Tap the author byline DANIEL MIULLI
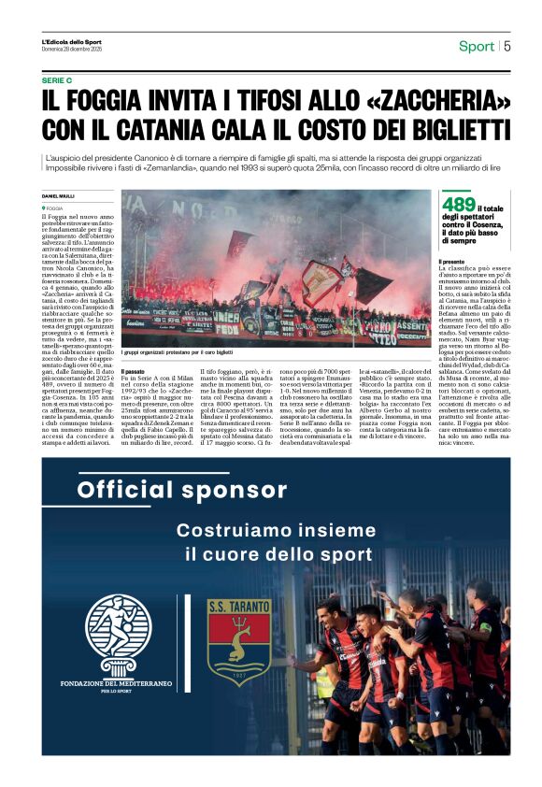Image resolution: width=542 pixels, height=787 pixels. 58,195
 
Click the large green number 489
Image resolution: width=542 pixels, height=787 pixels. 459,205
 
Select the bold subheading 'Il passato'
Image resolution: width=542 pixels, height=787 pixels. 135,371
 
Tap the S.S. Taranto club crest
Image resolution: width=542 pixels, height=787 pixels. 239,642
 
